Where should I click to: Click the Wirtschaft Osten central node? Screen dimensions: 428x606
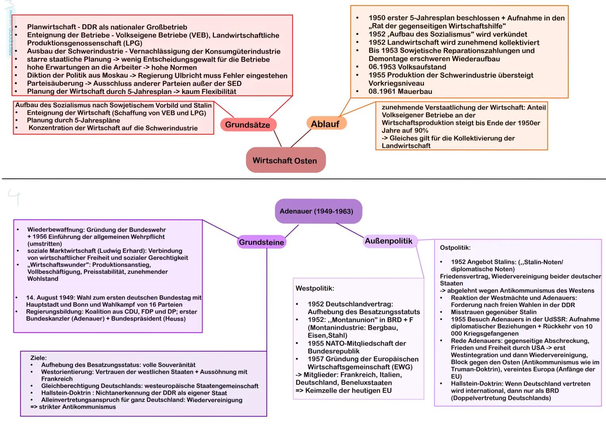click(x=285, y=160)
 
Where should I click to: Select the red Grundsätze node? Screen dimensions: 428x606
click(x=248, y=124)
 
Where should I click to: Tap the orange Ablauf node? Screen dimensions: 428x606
click(x=325, y=124)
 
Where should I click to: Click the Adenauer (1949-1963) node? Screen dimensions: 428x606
click(x=317, y=211)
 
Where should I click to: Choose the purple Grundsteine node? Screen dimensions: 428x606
click(x=262, y=242)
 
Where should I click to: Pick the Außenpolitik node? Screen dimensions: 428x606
click(x=389, y=241)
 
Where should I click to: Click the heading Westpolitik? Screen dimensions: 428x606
click(x=315, y=288)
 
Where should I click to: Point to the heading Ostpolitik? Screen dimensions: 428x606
click(x=455, y=248)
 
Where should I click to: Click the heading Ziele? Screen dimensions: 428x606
click(x=38, y=358)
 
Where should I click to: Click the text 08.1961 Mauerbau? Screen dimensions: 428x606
click(x=400, y=92)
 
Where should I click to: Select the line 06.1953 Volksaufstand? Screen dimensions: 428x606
click(x=407, y=67)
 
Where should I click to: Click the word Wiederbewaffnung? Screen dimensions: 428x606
click(x=56, y=230)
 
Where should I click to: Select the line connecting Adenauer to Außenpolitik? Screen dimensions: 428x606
click(x=350, y=230)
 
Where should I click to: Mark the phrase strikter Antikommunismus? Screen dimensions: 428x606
click(x=77, y=407)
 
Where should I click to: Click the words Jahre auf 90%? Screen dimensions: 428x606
click(x=405, y=130)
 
